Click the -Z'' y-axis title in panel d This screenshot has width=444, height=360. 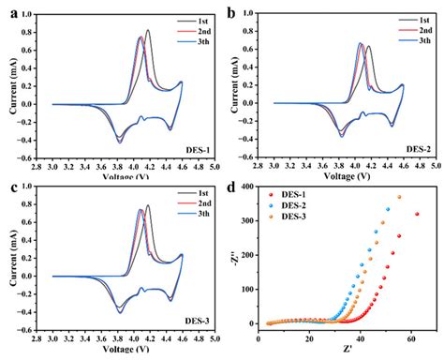(235, 260)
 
